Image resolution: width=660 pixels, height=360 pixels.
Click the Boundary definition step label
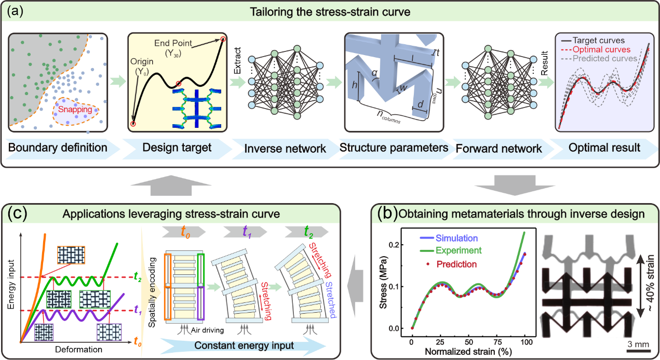click(x=57, y=148)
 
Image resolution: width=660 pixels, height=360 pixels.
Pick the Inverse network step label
click(x=285, y=148)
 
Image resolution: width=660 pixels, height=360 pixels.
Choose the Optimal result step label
click(x=604, y=148)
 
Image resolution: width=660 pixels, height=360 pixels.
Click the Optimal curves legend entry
click(x=601, y=49)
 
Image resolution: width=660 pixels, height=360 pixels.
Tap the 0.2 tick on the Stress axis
click(x=397, y=244)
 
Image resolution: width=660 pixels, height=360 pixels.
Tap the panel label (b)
click(x=385, y=213)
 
